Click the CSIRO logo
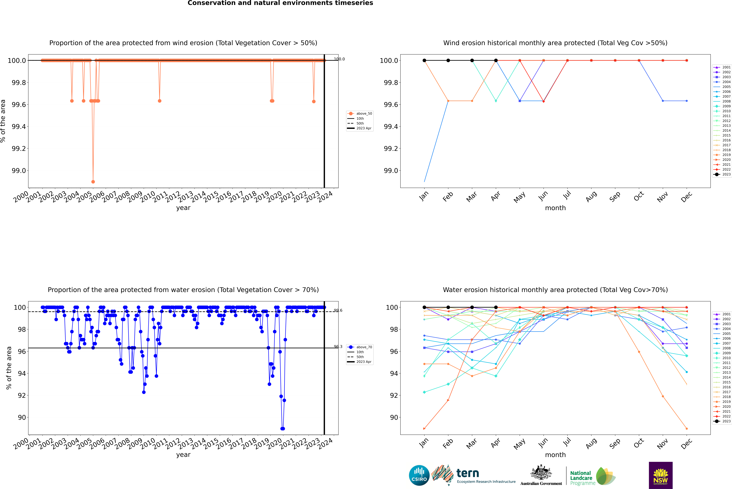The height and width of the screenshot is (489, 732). click(x=419, y=475)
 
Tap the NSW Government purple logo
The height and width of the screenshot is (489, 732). click(x=661, y=475)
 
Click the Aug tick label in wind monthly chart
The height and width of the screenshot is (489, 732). click(x=591, y=196)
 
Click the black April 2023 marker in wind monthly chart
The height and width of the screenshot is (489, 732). click(x=496, y=61)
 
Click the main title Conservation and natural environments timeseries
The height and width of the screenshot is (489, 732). click(x=280, y=3)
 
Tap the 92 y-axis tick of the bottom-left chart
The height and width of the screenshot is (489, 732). click(x=22, y=395)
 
